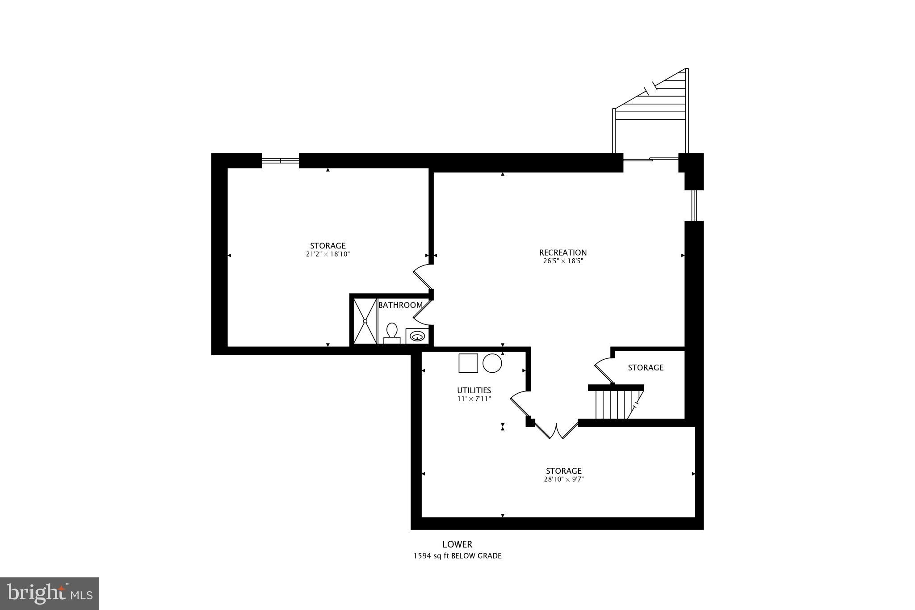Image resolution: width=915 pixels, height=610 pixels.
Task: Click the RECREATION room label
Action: [x=562, y=252]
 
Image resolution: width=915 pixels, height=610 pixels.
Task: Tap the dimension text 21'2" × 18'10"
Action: [x=327, y=254]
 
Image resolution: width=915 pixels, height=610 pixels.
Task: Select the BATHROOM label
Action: [x=400, y=305]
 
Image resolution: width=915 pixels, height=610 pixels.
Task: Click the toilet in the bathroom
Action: [x=392, y=333]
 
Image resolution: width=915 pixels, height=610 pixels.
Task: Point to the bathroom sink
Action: [x=417, y=336]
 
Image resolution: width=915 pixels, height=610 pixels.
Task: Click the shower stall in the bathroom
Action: [x=365, y=321]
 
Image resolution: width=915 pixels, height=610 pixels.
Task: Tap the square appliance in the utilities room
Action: [x=468, y=363]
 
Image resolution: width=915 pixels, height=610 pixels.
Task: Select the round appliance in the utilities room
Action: [x=492, y=363]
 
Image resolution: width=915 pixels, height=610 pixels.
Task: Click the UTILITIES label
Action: [x=474, y=391]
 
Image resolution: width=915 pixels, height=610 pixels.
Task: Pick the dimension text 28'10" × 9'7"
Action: [x=563, y=479]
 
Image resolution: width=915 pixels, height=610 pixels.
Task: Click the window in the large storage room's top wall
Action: [x=280, y=160]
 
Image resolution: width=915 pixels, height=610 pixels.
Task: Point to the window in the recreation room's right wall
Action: [x=694, y=206]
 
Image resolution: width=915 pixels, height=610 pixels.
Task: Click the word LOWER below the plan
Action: [x=457, y=544]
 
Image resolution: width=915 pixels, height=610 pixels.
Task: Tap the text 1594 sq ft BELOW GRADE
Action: [x=457, y=556]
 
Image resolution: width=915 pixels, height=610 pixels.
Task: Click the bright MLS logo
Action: [x=50, y=593]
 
